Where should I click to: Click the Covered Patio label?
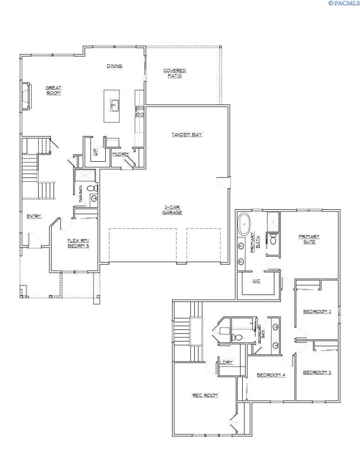pos(175,73)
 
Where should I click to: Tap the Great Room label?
pos(54,90)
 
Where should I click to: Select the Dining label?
pos(115,66)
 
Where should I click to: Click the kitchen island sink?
pos(115,105)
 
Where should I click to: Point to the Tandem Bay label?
pos(187,135)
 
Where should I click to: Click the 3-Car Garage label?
pos(172,210)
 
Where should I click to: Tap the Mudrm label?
pos(120,154)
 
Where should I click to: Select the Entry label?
pos(34,216)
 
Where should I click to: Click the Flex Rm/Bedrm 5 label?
pos(78,243)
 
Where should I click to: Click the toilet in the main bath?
pos(93,188)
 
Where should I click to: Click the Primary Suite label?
pos(309,239)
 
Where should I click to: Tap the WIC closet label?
pos(257,281)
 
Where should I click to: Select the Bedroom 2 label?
pos(317,312)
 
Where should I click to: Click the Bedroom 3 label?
pos(317,372)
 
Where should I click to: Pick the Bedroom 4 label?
pos(271,375)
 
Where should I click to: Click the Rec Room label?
pos(205,395)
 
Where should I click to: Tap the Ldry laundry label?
pos(226,363)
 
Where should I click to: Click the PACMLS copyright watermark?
pos(344,3)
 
